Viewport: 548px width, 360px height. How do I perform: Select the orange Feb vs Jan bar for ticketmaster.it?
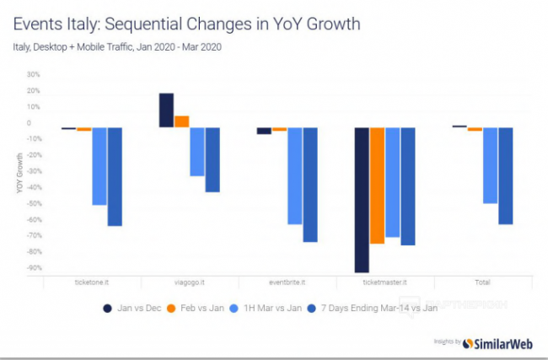click(x=377, y=185)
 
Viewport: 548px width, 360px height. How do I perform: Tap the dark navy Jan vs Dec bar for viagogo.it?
click(x=166, y=110)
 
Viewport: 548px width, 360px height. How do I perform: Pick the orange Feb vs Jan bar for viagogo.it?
click(x=182, y=121)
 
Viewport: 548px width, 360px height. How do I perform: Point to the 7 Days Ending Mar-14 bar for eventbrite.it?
click(x=310, y=185)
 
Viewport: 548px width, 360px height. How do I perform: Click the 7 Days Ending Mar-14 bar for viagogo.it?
click(x=212, y=160)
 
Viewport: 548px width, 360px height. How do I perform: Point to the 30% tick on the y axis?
click(x=35, y=74)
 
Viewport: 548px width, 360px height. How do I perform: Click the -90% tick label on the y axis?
click(x=33, y=268)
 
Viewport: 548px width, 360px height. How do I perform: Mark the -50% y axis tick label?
click(x=33, y=203)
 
